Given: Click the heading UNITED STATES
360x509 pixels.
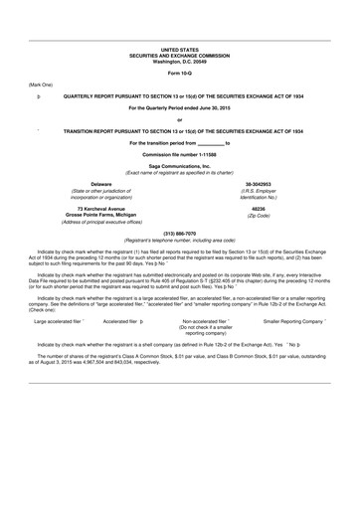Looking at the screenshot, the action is point(180,48).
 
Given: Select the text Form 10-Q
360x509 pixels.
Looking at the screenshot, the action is point(180,74).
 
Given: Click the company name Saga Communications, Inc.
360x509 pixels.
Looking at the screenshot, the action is point(180,168).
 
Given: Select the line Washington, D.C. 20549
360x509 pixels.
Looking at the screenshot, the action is point(180,60).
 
